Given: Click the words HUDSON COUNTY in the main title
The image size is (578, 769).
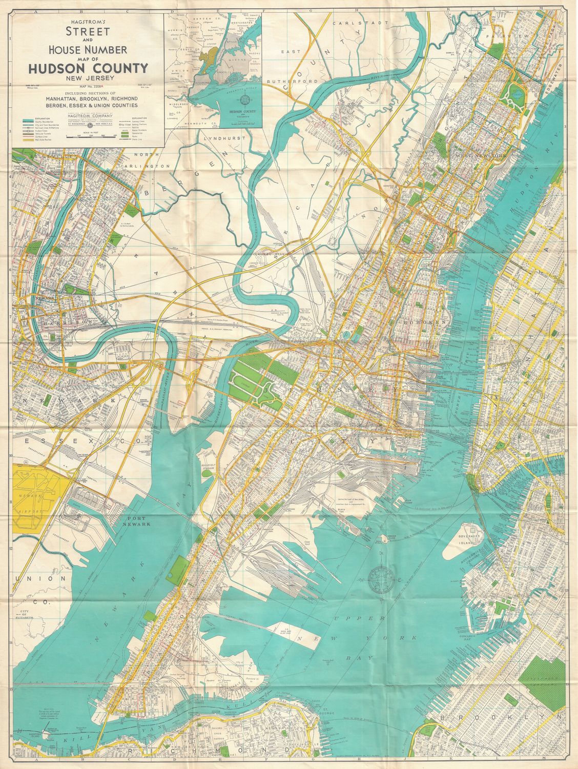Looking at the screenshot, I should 88,68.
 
